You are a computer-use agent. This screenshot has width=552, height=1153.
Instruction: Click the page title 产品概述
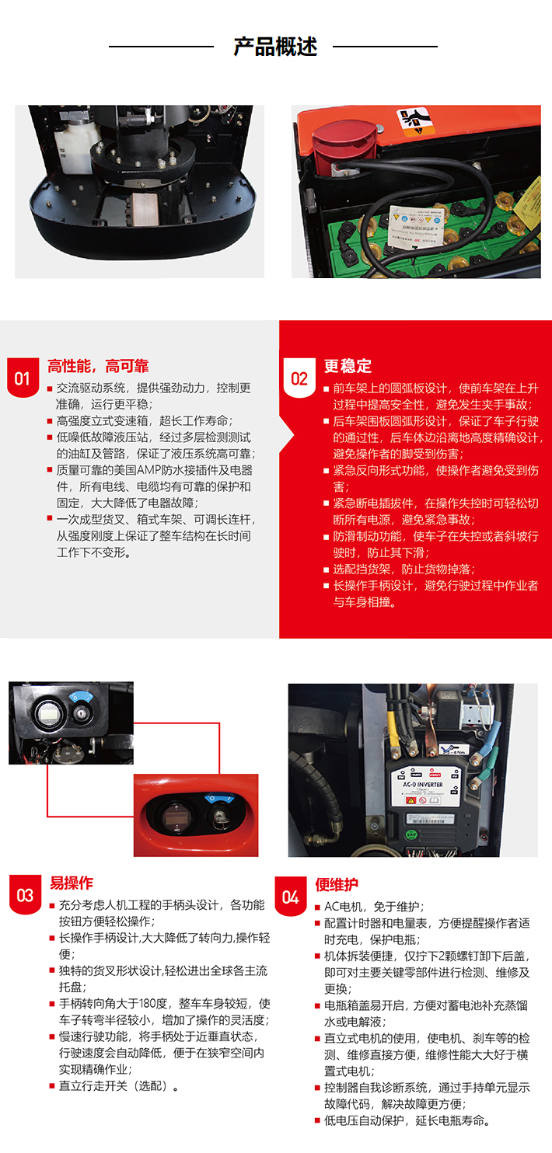tap(275, 47)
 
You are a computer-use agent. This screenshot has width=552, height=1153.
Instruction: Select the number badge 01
tap(22, 378)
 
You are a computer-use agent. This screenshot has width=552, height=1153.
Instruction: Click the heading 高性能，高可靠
tap(98, 366)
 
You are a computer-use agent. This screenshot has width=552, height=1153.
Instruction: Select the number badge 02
tap(299, 378)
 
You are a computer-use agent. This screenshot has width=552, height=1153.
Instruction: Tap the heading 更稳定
tap(348, 366)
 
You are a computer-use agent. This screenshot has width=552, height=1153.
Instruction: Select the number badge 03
tap(25, 895)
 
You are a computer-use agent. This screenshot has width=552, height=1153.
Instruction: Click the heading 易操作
tap(72, 883)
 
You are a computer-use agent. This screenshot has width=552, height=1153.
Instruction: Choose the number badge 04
tap(290, 897)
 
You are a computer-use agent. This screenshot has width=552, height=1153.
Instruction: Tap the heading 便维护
tap(337, 885)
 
